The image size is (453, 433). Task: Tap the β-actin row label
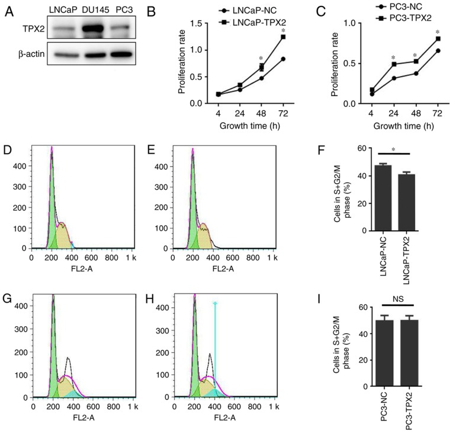pyautogui.click(x=23, y=53)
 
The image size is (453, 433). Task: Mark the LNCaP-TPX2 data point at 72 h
pyautogui.click(x=284, y=37)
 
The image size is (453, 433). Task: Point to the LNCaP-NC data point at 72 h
pyautogui.click(x=284, y=59)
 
